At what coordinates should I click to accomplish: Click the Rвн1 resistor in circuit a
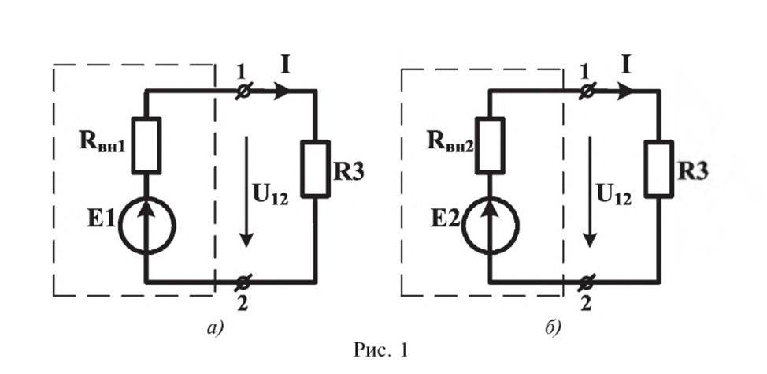[147, 145]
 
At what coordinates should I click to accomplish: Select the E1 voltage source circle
[147, 226]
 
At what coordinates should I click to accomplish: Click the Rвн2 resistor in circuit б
[490, 145]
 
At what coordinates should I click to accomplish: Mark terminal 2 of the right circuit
[587, 281]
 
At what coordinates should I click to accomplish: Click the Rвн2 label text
[450, 144]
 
